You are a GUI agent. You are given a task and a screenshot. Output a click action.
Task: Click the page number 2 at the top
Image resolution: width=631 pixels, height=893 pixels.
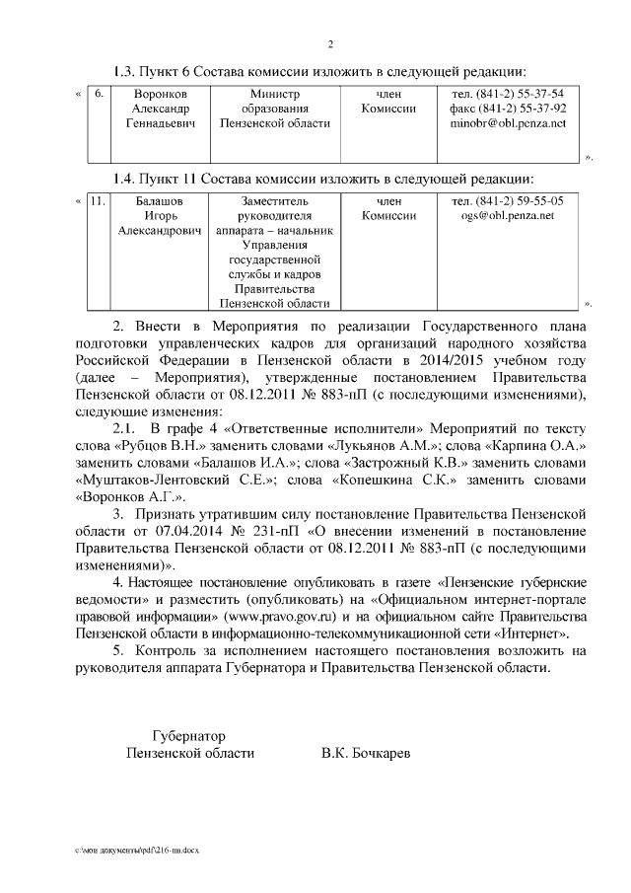tap(331, 43)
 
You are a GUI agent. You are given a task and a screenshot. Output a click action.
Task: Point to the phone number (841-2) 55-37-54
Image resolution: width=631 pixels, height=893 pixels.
tap(519, 94)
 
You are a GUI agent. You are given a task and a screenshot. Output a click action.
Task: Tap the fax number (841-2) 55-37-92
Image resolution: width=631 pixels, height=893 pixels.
tap(521, 110)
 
